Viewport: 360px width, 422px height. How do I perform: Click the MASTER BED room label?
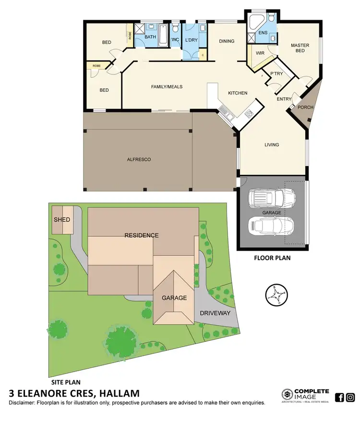tap(300, 48)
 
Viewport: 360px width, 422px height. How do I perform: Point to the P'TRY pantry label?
tap(276, 73)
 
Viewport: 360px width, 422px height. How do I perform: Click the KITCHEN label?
tap(237, 93)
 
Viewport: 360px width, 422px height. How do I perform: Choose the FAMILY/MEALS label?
tap(167, 87)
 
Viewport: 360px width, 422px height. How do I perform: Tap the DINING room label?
tap(227, 41)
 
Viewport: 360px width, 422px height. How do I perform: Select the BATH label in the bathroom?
tap(150, 37)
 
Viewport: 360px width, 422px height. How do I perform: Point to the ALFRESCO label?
tap(139, 159)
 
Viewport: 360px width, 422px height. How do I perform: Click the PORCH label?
tap(305, 107)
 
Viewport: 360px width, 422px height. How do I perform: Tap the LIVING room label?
tap(272, 145)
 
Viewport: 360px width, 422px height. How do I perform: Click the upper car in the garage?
tap(271, 196)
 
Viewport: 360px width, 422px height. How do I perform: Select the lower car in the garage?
tap(270, 225)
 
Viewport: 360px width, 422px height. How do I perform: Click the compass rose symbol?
tap(276, 294)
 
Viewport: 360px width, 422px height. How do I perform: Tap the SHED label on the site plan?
tap(62, 220)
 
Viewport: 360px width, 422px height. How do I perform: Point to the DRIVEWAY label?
tap(215, 313)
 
